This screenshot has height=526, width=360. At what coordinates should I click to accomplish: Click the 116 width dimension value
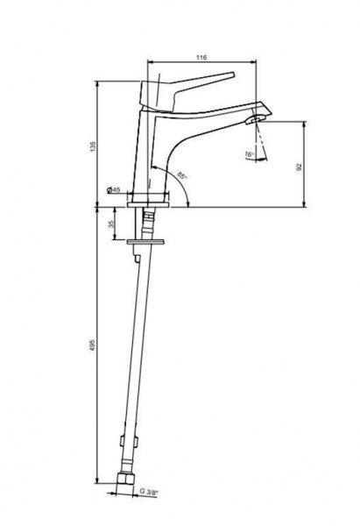click(x=201, y=57)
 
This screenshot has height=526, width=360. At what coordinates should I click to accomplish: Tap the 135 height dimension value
click(x=93, y=146)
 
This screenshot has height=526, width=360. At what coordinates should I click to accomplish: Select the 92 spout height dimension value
click(x=300, y=167)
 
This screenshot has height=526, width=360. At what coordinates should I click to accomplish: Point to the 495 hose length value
click(x=93, y=345)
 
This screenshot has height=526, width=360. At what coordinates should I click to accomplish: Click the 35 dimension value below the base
click(x=111, y=224)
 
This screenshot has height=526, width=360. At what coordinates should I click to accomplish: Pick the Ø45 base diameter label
click(x=113, y=190)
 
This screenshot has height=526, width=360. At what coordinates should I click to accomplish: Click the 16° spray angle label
click(x=249, y=154)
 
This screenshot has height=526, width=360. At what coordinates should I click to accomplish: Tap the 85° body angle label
click(x=182, y=175)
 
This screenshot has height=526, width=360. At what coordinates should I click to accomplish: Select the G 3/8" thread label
click(x=149, y=492)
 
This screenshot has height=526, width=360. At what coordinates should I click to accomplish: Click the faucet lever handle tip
click(x=232, y=74)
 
